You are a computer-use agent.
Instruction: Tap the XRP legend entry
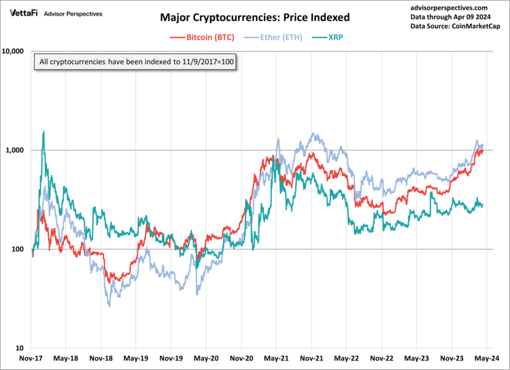[x=332, y=37]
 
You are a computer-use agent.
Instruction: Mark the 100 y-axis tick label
[x=18, y=249]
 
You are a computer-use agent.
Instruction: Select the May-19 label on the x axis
[x=135, y=358]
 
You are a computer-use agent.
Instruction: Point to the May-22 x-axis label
[x=346, y=358]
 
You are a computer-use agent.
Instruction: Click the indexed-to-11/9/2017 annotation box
[x=137, y=63]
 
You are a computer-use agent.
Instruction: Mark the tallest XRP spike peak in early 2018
[x=44, y=131]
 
